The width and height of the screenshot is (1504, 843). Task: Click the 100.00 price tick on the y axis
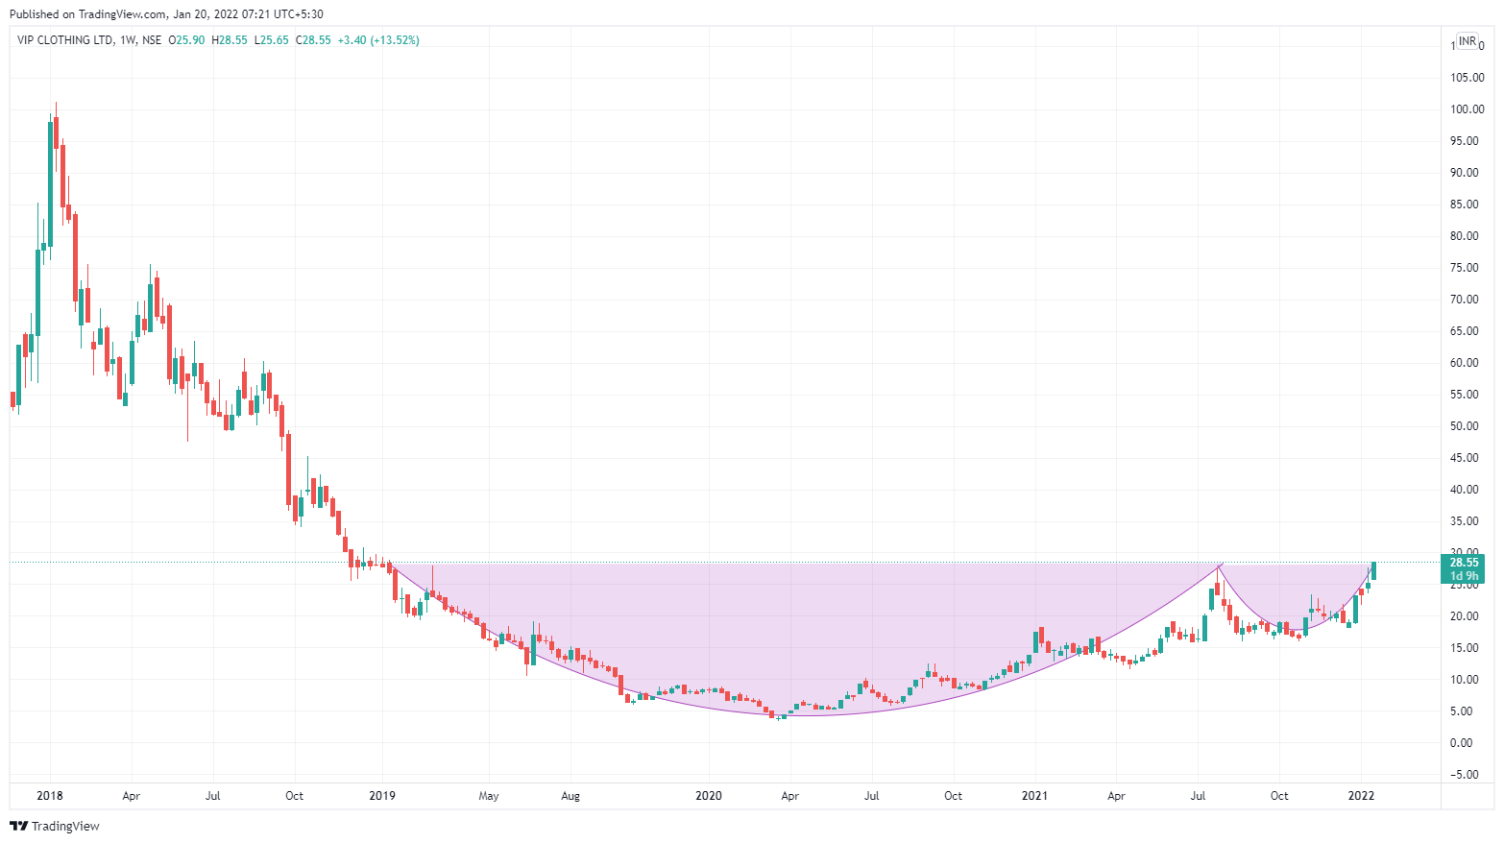[x=1467, y=109]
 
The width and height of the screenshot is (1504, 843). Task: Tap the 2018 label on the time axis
[x=50, y=796]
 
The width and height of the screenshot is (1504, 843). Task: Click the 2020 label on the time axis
[x=709, y=796]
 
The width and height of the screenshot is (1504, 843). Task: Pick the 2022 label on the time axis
[x=1361, y=796]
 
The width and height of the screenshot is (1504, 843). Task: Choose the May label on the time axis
[x=489, y=796]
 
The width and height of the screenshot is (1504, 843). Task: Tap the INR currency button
[x=1468, y=41]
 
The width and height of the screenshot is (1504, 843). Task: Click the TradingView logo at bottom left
[x=55, y=826]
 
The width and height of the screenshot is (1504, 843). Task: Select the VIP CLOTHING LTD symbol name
[x=64, y=40]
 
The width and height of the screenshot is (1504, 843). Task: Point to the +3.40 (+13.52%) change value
[x=378, y=40]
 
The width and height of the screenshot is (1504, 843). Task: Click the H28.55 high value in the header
[x=230, y=40]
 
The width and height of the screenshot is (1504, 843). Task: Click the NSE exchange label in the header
[x=151, y=40]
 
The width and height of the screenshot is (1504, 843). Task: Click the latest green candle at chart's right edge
[x=1373, y=570]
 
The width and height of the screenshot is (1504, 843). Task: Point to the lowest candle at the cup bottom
[x=780, y=715]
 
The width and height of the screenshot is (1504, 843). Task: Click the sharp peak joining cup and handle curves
[x=1220, y=566]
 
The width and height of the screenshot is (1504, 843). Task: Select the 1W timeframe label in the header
[x=127, y=40]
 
